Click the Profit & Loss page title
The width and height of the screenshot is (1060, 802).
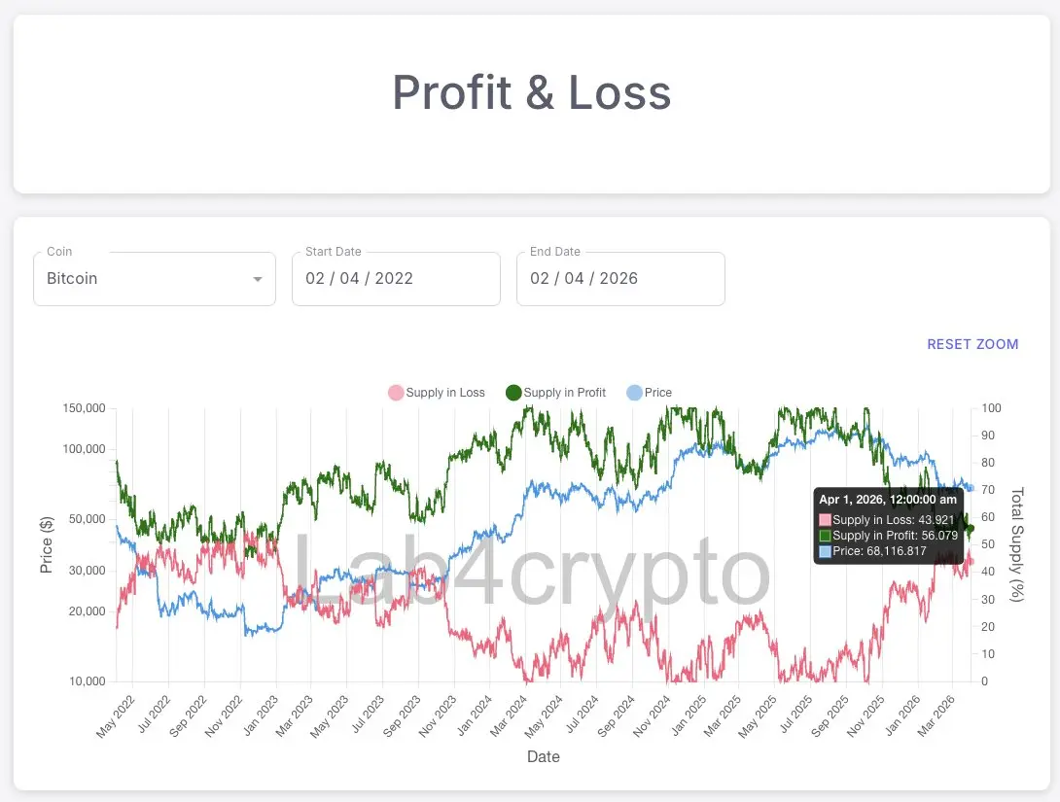coord(531,93)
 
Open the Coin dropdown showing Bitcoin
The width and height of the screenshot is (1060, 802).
coord(154,278)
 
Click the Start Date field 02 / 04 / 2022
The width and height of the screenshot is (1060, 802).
coord(396,278)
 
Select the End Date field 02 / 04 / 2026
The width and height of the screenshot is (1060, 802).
coord(620,278)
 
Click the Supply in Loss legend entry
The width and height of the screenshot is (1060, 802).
coord(437,393)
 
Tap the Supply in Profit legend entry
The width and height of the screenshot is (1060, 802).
coord(555,393)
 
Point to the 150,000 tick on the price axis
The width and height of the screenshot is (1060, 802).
coord(84,408)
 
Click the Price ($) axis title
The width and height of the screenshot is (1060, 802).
coord(47,544)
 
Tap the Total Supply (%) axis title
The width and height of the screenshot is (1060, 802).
coord(1018,544)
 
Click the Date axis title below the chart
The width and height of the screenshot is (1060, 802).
coord(543,756)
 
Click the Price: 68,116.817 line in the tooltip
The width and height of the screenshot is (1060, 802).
coord(879,551)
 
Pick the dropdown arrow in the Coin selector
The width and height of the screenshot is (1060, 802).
coord(258,280)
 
